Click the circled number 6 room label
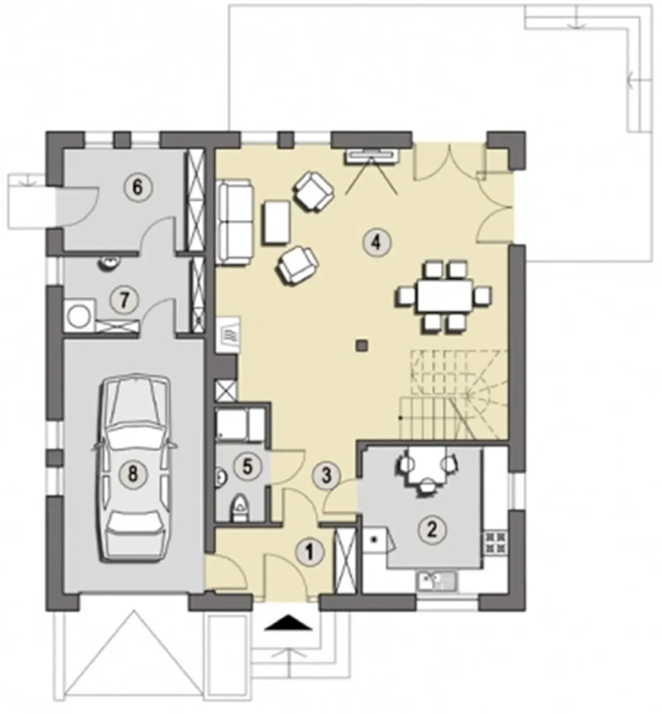pyautogui.click(x=137, y=188)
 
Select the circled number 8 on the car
pyautogui.click(x=133, y=474)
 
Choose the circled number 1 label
pyautogui.click(x=309, y=552)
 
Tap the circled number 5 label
pyautogui.click(x=247, y=467)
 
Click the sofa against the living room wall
pyautogui.click(x=234, y=223)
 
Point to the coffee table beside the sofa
pyautogui.click(x=277, y=222)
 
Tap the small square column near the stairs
pyautogui.click(x=362, y=345)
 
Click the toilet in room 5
pyautogui.click(x=239, y=508)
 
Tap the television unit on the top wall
pyautogui.click(x=372, y=156)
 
